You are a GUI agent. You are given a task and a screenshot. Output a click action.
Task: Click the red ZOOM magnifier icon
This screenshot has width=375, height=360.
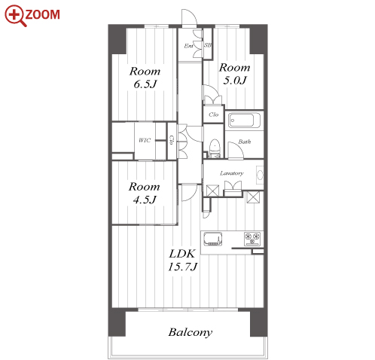click(x=15, y=16)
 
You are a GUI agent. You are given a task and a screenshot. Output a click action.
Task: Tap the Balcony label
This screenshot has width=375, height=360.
click(x=191, y=332)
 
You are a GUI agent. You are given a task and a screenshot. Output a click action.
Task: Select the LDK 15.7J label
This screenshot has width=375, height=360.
click(x=182, y=260)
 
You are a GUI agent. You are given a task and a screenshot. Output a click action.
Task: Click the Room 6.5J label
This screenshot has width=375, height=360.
click(x=145, y=78)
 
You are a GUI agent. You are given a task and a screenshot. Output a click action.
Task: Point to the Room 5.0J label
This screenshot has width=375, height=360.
click(x=235, y=74)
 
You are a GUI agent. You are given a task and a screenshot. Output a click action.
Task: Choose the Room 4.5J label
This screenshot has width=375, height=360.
click(x=145, y=193)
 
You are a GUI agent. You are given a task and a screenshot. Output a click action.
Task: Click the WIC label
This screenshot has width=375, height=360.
click(x=145, y=140)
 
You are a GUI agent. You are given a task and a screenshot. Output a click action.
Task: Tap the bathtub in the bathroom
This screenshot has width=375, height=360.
click(x=244, y=120)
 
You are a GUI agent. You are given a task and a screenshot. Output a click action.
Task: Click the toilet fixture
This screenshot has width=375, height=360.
click(x=215, y=148)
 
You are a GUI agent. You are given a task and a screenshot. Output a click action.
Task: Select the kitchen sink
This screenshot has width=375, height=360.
click(x=213, y=239)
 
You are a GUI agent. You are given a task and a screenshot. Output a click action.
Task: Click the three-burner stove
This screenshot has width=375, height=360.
click(x=252, y=238)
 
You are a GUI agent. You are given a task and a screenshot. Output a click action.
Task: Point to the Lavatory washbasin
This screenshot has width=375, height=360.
click(x=260, y=175)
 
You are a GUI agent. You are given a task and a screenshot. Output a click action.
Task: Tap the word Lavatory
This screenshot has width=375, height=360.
click(x=232, y=173)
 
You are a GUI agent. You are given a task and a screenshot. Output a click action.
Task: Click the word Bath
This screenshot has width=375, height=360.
click(x=245, y=142)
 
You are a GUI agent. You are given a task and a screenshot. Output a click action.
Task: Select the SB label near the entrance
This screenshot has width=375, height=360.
click(x=208, y=45)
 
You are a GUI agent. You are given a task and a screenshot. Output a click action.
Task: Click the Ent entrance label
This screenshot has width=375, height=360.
click(x=188, y=46)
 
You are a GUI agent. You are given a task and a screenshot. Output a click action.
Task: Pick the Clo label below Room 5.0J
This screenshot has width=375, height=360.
click(x=214, y=114)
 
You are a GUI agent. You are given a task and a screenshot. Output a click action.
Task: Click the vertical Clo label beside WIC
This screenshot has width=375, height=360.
click(x=172, y=140)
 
